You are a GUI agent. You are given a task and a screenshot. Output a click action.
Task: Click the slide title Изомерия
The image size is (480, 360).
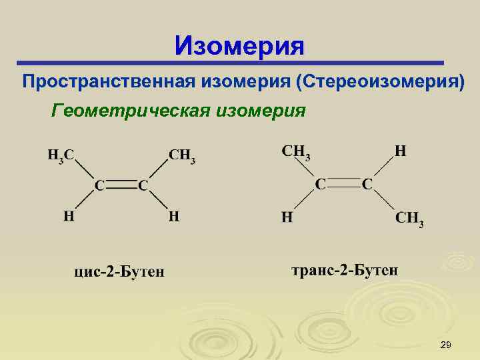[x=239, y=46]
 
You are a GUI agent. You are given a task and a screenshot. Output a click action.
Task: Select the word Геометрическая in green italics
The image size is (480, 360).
[x=130, y=109]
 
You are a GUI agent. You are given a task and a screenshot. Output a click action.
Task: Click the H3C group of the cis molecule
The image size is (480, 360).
[x=61, y=155]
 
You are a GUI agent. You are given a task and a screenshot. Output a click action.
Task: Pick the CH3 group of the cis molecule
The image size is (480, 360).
[x=181, y=156]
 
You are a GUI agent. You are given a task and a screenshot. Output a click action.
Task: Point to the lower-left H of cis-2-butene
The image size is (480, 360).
[x=68, y=216]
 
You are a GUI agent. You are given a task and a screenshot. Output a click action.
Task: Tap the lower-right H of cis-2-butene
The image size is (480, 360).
[x=173, y=216]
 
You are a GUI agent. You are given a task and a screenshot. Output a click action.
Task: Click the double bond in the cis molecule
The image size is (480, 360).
[x=121, y=185]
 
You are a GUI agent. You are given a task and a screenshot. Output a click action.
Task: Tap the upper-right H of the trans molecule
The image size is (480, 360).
[x=400, y=151]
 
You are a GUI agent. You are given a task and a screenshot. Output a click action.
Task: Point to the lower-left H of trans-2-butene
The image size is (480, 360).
[x=287, y=217]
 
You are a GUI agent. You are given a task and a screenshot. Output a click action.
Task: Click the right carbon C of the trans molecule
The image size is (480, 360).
[x=367, y=183]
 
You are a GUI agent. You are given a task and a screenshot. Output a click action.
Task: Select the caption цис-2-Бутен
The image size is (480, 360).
[x=119, y=271]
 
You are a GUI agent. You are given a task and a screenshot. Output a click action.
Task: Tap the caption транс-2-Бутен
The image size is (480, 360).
[x=345, y=270]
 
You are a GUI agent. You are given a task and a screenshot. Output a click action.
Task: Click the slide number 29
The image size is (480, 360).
[x=446, y=344]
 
